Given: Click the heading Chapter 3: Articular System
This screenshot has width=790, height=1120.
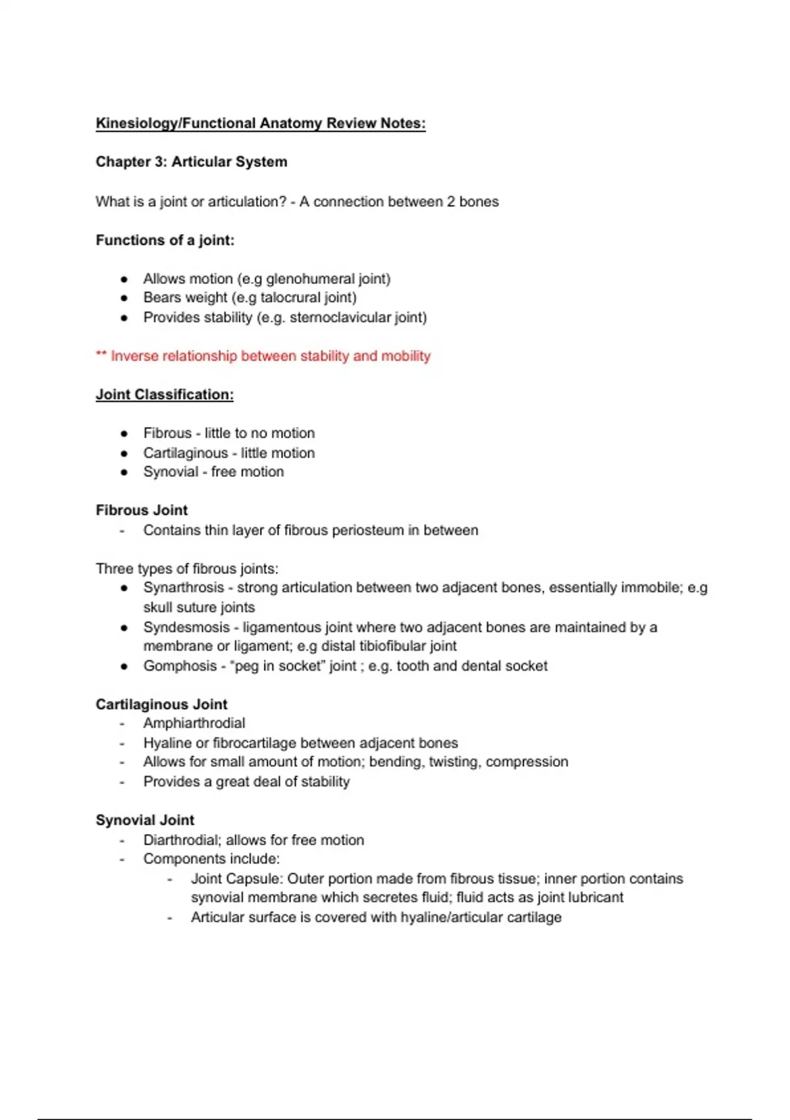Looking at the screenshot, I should click(x=191, y=162).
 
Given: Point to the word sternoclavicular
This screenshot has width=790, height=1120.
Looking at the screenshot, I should click(x=340, y=318).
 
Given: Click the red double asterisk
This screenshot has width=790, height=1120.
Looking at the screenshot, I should click(x=101, y=355).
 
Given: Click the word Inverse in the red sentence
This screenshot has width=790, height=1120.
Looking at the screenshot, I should click(x=134, y=356).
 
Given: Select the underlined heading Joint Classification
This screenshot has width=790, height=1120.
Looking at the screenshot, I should click(x=164, y=395).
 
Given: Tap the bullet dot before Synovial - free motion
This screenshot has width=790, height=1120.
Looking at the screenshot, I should click(x=124, y=472).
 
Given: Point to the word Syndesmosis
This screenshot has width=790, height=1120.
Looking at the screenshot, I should click(x=186, y=627).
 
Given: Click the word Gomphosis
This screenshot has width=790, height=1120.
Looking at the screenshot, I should click(x=180, y=666).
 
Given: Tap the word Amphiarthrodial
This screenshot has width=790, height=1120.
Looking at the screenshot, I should click(x=194, y=723).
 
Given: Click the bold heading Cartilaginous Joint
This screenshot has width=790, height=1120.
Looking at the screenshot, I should click(x=161, y=704).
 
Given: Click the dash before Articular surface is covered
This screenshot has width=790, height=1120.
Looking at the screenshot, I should click(x=170, y=918).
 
